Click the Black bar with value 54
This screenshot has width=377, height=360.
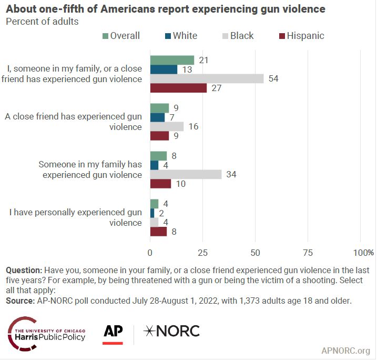(x=207, y=78)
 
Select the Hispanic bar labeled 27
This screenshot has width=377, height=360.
(x=178, y=88)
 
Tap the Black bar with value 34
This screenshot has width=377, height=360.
(x=186, y=174)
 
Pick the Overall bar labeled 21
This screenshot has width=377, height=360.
(x=172, y=60)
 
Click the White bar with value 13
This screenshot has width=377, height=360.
(x=164, y=69)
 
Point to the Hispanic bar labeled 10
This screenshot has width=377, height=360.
(x=160, y=184)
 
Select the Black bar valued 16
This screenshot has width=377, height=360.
(x=167, y=126)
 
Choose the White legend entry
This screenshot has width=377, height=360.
(x=180, y=36)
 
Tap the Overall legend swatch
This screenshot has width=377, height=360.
(x=105, y=36)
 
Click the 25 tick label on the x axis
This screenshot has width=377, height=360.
(x=202, y=252)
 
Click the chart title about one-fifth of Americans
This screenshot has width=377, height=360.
(x=165, y=9)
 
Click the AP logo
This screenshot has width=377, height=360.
(x=113, y=333)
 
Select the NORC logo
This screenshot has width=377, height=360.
(x=172, y=331)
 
